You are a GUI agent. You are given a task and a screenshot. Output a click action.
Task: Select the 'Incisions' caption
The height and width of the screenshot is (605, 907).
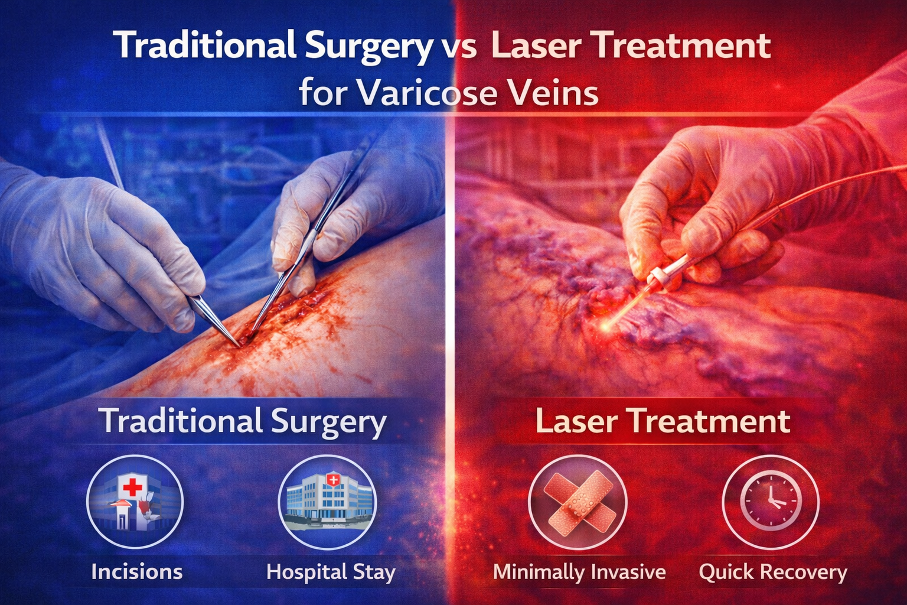[136, 572]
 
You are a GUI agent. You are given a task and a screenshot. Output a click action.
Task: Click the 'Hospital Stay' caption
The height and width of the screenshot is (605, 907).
[331, 572]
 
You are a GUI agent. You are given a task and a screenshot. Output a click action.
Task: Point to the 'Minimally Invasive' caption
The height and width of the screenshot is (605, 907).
[579, 572]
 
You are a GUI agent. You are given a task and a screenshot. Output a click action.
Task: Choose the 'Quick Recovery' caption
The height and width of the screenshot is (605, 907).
[772, 572]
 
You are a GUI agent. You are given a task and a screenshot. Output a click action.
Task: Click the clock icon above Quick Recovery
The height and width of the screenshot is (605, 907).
[771, 502]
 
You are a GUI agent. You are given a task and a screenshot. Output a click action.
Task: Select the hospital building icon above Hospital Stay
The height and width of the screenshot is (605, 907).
[327, 500]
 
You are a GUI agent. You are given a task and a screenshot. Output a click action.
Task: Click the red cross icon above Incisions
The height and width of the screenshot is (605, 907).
[133, 488]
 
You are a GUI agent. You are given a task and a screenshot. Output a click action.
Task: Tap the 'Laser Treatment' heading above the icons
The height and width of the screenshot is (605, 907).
[663, 421]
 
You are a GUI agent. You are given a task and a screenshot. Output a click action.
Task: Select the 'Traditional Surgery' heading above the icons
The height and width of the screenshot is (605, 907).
[243, 422]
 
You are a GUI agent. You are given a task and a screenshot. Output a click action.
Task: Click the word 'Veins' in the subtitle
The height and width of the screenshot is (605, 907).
[552, 93]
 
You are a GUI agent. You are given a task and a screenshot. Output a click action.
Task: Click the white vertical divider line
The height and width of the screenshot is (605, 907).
[453, 295]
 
